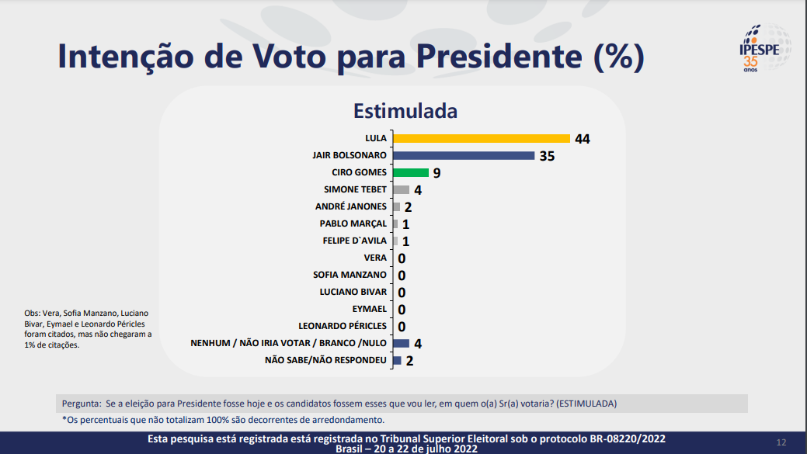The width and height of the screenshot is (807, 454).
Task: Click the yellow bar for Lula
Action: (x=482, y=138)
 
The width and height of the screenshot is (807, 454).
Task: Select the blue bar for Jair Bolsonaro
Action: (x=464, y=155)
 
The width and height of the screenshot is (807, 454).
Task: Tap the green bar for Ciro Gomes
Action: (x=411, y=172)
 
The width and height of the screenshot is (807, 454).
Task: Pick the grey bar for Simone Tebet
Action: (x=401, y=189)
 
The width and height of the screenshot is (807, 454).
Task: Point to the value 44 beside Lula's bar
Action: (x=583, y=139)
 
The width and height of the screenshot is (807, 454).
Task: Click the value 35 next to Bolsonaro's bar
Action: (x=547, y=156)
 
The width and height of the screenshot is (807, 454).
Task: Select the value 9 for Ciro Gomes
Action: (x=437, y=173)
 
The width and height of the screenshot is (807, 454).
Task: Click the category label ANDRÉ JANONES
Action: (x=350, y=206)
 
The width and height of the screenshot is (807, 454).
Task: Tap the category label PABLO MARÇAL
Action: (x=353, y=224)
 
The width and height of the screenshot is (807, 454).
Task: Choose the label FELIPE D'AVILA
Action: (x=354, y=241)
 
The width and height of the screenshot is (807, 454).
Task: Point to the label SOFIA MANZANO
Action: (x=350, y=275)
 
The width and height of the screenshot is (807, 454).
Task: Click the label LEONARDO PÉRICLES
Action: (x=343, y=326)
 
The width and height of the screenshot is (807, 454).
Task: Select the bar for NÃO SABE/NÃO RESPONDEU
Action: (x=397, y=360)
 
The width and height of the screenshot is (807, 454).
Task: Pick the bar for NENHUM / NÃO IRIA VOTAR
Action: (x=401, y=343)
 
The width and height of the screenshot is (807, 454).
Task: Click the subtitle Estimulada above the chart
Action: (x=405, y=111)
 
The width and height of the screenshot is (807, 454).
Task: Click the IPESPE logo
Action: (x=764, y=48)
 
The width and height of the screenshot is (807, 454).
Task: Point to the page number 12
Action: (x=781, y=442)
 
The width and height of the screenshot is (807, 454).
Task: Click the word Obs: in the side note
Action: (x=33, y=314)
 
